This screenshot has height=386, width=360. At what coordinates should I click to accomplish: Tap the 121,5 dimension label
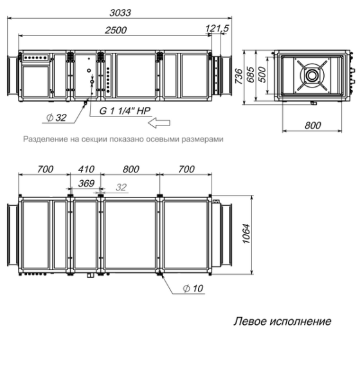[x=218, y=30]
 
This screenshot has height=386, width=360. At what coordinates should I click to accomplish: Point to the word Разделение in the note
[x=47, y=139]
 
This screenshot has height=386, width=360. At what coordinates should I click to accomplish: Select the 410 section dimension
[x=85, y=169]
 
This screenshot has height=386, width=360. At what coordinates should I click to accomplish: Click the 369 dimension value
[x=85, y=183]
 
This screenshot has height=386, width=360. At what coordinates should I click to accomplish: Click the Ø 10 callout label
[x=193, y=288]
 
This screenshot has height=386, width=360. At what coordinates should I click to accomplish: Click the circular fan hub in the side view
[x=312, y=75]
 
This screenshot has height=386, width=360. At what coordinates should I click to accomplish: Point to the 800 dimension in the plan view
[x=130, y=169]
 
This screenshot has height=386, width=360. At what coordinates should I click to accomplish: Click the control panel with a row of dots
[x=35, y=57]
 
